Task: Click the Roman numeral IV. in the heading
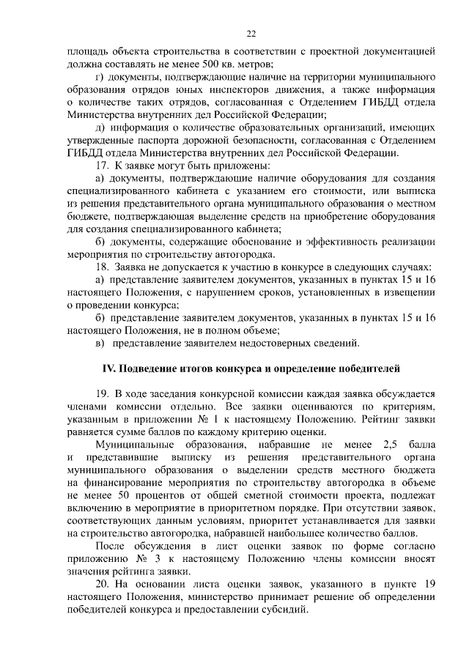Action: (x=108, y=367)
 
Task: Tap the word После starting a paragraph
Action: (x=113, y=544)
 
